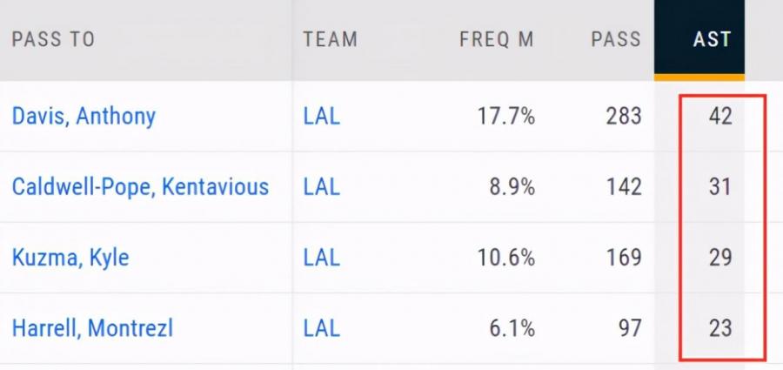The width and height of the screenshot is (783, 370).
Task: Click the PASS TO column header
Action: tap(53, 39)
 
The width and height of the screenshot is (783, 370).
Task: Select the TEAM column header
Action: tap(331, 39)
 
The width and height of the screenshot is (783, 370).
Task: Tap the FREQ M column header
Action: tap(497, 39)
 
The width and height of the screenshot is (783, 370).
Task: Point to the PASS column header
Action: tap(615, 39)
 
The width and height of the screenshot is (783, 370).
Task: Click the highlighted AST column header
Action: tap(712, 39)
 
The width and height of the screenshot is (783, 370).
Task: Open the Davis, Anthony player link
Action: tap(84, 116)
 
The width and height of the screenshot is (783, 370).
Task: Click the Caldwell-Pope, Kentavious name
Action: tap(140, 186)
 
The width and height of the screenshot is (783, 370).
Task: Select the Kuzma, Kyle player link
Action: tap(70, 258)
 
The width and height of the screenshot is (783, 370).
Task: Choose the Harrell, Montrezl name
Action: tap(92, 328)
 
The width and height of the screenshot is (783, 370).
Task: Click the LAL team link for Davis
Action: tap(322, 116)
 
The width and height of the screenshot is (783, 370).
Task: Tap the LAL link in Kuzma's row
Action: tap(322, 258)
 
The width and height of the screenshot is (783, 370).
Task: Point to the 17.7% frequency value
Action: tap(506, 116)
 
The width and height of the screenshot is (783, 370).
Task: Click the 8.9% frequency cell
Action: tap(512, 186)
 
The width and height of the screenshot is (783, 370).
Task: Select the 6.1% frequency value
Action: tap(512, 328)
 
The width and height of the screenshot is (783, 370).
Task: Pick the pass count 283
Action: tap(624, 116)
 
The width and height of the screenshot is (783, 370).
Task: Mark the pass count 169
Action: tap(624, 258)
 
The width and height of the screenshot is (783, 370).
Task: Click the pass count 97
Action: tap(629, 328)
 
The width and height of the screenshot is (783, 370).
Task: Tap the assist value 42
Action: tap(719, 116)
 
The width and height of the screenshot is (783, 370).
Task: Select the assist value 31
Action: tap(719, 186)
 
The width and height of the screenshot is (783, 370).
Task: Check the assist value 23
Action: tap(719, 328)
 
